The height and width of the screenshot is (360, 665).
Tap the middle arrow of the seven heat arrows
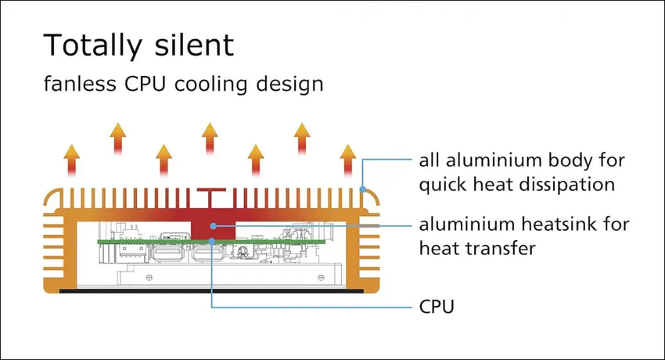(x=210, y=139)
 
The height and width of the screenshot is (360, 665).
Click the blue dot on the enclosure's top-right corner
(x=361, y=188)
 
